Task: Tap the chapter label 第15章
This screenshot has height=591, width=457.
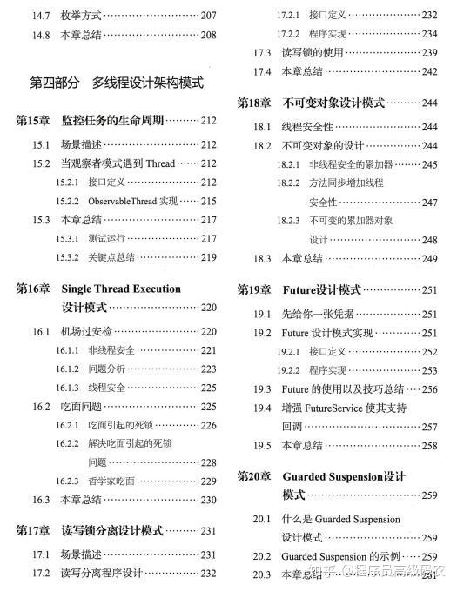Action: point(34,120)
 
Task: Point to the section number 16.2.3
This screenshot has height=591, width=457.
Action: point(68,481)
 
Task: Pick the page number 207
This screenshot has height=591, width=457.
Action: point(208,15)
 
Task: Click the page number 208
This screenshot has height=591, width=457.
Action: point(208,35)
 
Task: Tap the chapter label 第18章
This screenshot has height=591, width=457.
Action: point(255,103)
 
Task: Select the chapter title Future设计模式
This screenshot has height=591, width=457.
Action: point(321,290)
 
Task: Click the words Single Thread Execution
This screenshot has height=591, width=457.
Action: point(121,289)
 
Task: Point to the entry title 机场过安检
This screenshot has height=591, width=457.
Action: point(85,332)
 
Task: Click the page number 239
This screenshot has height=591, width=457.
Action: point(429,53)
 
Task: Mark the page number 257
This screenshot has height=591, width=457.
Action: point(429,427)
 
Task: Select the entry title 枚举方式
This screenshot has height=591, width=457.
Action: point(81,15)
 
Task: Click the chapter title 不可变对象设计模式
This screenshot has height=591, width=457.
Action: point(333,103)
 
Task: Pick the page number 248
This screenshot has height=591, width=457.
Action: point(429,240)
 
